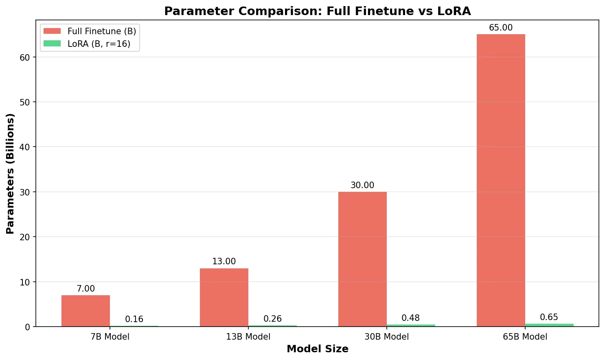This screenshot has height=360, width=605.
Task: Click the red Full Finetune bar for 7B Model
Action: pyautogui.click(x=85, y=311)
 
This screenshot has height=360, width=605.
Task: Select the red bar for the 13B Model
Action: pyautogui.click(x=224, y=297)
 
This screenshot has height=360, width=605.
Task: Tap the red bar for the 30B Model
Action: pyautogui.click(x=362, y=259)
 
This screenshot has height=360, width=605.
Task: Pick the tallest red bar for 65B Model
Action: pyautogui.click(x=501, y=180)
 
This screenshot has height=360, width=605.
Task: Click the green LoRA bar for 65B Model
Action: pyautogui.click(x=549, y=325)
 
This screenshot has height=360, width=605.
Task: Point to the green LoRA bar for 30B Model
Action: pyautogui.click(x=411, y=325)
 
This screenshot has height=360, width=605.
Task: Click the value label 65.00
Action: pyautogui.click(x=501, y=28)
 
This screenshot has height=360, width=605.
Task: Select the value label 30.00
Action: pyautogui.click(x=362, y=185)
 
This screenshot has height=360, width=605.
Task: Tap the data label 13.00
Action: pyautogui.click(x=224, y=261)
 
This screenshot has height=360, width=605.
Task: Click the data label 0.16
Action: pyautogui.click(x=134, y=319)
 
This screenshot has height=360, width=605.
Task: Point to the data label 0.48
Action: pyautogui.click(x=411, y=318)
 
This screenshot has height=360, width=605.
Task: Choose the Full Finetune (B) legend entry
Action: pyautogui.click(x=90, y=31)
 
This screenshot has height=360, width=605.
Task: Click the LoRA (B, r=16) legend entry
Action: pyautogui.click(x=87, y=44)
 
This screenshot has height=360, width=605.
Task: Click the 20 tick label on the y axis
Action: pyautogui.click(x=25, y=237)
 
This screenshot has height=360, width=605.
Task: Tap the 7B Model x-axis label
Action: pyautogui.click(x=110, y=336)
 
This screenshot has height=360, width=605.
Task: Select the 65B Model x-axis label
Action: pyautogui.click(x=525, y=336)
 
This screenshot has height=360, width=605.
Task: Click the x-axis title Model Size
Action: pyautogui.click(x=318, y=349)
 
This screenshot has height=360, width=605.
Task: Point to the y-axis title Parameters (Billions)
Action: pyautogui.click(x=10, y=173)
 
